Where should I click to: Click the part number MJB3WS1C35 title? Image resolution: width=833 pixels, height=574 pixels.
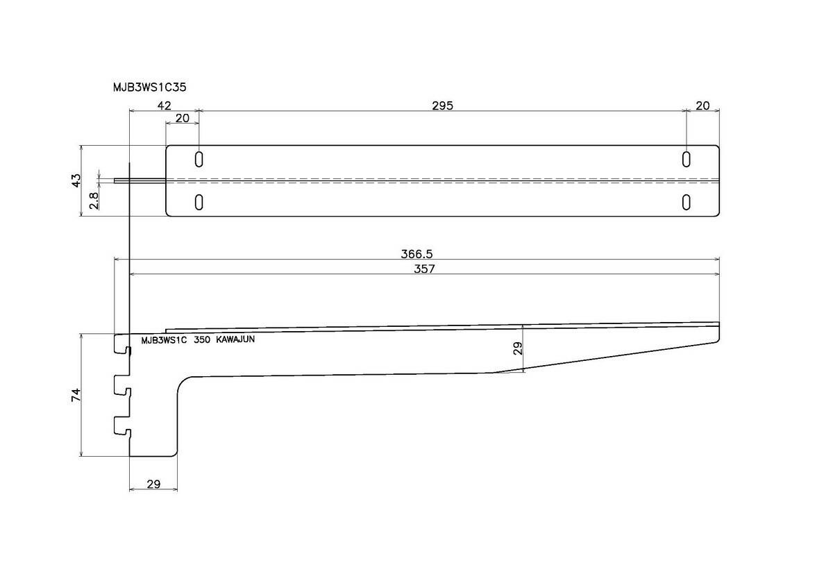click(149, 87)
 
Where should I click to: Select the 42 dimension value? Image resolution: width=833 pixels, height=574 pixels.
click(164, 105)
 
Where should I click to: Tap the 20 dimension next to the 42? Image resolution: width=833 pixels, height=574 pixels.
click(182, 118)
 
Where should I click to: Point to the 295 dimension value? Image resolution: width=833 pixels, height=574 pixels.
click(442, 105)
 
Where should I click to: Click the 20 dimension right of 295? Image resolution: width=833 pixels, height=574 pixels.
click(702, 105)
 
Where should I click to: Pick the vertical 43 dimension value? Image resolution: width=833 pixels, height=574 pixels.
click(76, 180)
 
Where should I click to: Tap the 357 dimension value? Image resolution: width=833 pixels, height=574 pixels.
click(423, 269)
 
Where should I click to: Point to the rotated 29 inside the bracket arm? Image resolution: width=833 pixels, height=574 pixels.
click(517, 348)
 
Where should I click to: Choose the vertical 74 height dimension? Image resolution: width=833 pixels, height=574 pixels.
click(76, 395)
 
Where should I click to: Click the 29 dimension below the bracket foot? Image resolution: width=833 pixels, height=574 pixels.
click(154, 484)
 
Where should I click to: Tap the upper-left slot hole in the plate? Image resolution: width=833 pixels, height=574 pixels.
click(199, 159)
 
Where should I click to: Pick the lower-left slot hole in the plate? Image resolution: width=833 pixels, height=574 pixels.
click(199, 202)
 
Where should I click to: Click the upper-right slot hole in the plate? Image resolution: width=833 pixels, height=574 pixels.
click(686, 159)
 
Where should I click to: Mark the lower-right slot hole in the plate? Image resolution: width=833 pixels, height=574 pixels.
click(686, 202)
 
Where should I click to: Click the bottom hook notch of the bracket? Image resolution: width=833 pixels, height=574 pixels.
click(122, 426)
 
